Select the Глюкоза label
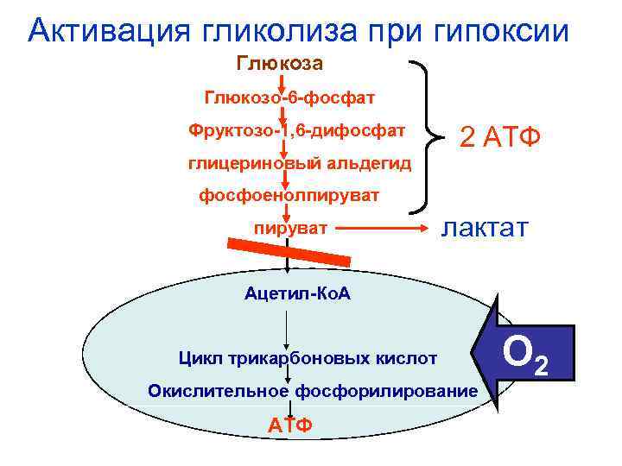coord(280,64)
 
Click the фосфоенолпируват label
coord(289,197)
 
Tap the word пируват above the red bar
coord(291,229)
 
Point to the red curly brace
coord(428,135)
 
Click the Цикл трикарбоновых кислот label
coord(308,357)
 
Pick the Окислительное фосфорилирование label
coord(312,391)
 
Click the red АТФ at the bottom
coord(290,425)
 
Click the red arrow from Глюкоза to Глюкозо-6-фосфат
coord(284,81)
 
